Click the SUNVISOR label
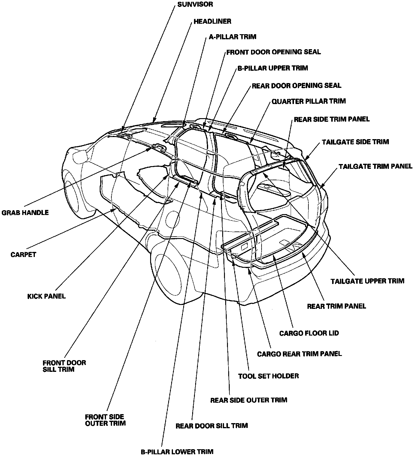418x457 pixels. [195, 4]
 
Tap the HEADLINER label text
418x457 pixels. [212, 21]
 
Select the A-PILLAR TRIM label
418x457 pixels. [232, 37]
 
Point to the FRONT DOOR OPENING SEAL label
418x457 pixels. [274, 52]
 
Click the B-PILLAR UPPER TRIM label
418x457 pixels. [273, 68]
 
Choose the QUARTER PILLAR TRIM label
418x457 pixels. [308, 101]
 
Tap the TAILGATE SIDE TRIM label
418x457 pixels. [355, 142]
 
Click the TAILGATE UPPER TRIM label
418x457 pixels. [367, 281]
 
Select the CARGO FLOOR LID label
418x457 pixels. [309, 333]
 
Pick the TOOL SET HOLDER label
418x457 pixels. [268, 376]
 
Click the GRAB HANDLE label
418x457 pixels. [25, 213]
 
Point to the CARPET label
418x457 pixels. [23, 255]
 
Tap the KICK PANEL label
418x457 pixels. [46, 296]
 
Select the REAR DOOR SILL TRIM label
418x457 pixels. [211, 426]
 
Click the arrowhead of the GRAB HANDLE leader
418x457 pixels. [149, 149]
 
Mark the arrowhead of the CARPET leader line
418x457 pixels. [114, 210]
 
